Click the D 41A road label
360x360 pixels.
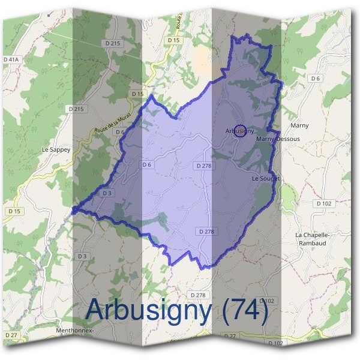[11, 59]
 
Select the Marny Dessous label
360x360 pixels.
[278, 139]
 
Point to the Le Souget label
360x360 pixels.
[266, 179]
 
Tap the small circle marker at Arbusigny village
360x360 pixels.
[239, 131]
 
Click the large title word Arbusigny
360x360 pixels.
[148, 310]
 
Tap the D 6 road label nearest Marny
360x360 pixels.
[316, 79]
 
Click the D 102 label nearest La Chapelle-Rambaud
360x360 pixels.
[323, 203]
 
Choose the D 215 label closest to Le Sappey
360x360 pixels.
[77, 109]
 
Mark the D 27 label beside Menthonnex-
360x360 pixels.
[10, 334]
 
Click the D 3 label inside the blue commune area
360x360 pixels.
[107, 193]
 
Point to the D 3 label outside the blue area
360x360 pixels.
[82, 256]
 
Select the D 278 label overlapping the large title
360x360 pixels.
[197, 295]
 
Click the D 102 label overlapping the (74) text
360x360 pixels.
[268, 301]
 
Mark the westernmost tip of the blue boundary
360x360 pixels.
[73, 211]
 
